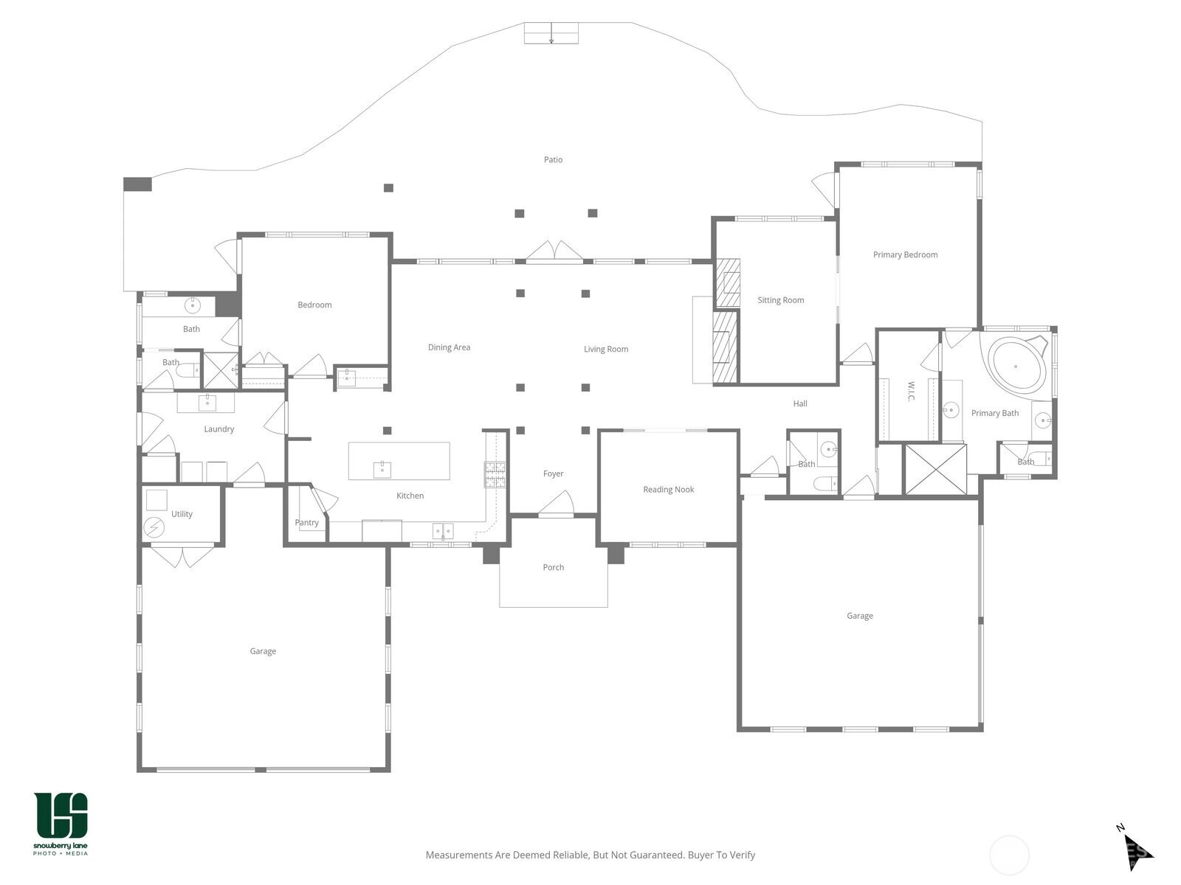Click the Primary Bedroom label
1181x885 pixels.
tap(905, 254)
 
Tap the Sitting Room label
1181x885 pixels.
tap(781, 300)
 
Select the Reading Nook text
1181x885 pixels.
tap(668, 490)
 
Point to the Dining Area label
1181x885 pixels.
tap(449, 347)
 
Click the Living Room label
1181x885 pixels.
tap(606, 350)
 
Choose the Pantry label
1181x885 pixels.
tap(306, 523)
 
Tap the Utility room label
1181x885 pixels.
tap(182, 514)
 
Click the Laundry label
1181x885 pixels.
tap(219, 429)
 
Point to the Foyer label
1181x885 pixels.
tap(553, 474)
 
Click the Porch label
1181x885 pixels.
tap(553, 567)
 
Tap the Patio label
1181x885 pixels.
tap(553, 159)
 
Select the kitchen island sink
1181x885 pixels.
tap(382, 470)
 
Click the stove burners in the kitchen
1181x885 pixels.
tap(495, 475)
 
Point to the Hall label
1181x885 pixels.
tap(800, 404)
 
